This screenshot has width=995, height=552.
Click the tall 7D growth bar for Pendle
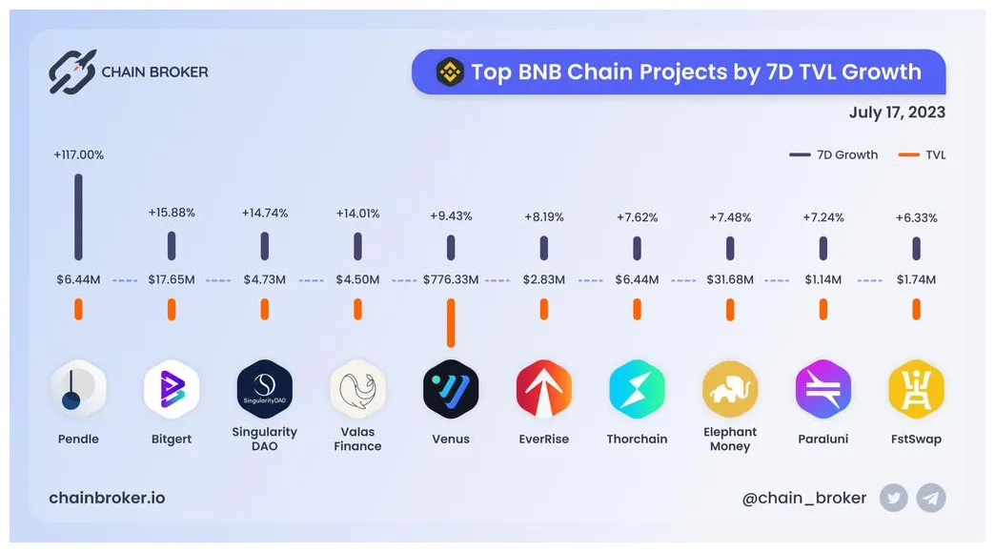tap(78, 216)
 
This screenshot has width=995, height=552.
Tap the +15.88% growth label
tap(172, 213)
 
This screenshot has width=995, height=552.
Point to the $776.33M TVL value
tap(451, 280)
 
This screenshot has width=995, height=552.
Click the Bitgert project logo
tap(172, 389)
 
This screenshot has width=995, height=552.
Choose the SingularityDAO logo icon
tap(264, 389)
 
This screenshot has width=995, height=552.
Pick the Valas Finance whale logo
tap(357, 389)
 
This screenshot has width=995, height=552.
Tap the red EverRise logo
tap(543, 389)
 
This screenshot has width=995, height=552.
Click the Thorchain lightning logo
tap(637, 389)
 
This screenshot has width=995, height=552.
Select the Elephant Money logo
tap(730, 389)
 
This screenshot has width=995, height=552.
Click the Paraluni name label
tap(822, 440)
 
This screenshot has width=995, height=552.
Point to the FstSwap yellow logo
tap(916, 389)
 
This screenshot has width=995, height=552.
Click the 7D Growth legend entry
tap(835, 154)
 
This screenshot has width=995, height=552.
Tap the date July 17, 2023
tap(897, 112)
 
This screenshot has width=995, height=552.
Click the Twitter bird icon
tap(893, 498)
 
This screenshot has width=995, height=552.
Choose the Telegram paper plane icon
tap(931, 498)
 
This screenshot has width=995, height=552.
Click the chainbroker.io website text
tap(107, 499)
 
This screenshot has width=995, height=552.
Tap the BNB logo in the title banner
tap(450, 72)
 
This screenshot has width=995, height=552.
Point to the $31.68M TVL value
tap(730, 280)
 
